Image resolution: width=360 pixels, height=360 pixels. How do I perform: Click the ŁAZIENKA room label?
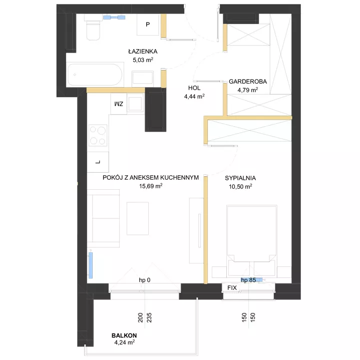[143, 51]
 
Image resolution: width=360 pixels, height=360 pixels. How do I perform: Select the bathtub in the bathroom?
[95, 75]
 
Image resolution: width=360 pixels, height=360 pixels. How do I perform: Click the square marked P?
[148, 25]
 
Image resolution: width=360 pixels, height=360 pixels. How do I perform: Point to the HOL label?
[194, 88]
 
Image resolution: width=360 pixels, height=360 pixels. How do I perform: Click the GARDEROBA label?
[248, 82]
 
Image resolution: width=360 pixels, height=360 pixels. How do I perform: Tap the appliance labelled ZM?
[119, 104]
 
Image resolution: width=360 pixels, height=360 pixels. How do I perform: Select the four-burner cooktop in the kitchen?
[98, 135]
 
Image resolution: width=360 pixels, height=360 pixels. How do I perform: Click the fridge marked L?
[98, 162]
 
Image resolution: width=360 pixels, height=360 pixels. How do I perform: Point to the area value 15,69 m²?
[151, 186]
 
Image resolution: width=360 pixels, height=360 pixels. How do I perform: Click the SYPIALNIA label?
[240, 178]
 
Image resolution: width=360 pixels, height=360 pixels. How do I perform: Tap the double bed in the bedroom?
[252, 241]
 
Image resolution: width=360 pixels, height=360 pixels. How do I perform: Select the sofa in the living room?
[103, 218]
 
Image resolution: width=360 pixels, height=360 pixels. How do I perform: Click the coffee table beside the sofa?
[138, 219]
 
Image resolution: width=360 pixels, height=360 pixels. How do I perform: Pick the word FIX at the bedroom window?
[232, 288]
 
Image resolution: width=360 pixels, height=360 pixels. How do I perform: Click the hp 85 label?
[248, 280]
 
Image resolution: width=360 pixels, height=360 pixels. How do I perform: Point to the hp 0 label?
[145, 280]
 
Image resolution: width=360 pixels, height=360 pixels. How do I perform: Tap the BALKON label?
[124, 335]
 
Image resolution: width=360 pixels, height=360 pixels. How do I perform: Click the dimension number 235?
[149, 317]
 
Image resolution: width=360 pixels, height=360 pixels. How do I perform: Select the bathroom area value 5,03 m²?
[143, 60]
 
